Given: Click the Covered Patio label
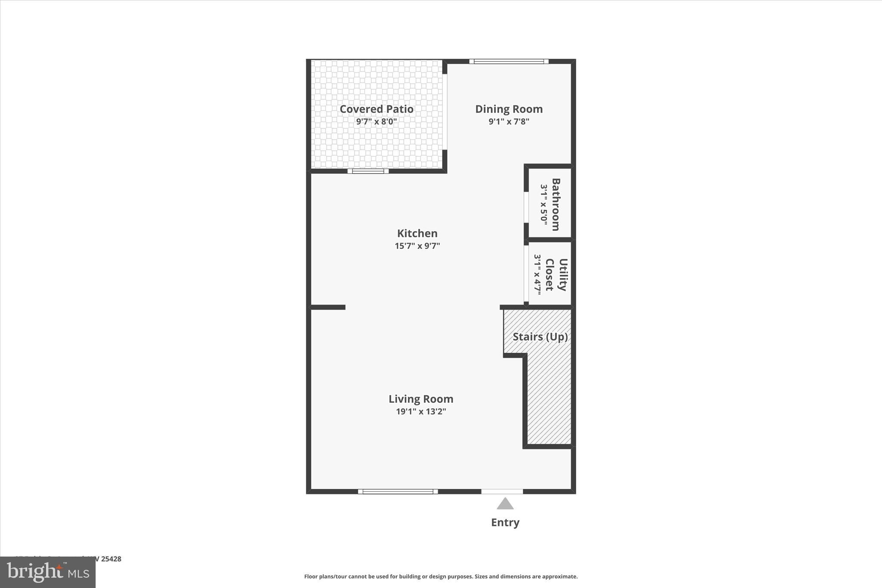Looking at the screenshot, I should [376, 109].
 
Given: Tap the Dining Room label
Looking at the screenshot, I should [509, 109].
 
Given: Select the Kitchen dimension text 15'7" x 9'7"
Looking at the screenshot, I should [417, 246].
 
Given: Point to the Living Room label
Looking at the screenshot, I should [421, 399].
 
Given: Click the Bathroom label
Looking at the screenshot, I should [556, 204].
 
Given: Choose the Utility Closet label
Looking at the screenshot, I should [556, 274].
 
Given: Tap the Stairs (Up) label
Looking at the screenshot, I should [540, 336].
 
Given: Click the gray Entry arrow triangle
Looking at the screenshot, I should [505, 504].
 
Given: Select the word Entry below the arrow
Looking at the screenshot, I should [505, 523].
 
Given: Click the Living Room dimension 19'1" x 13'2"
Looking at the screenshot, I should [421, 411].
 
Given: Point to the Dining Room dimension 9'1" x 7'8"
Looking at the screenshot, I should [509, 121].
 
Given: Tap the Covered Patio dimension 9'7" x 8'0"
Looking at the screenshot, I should [376, 121].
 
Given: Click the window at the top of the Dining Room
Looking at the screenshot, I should [509, 61].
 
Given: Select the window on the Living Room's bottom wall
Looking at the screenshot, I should [398, 492].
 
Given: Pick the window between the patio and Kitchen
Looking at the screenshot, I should [368, 171].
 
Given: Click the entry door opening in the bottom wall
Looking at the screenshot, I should [502, 492].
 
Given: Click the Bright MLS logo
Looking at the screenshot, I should [48, 572].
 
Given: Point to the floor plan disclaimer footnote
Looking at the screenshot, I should [441, 576].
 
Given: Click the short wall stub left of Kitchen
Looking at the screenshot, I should [328, 307].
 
